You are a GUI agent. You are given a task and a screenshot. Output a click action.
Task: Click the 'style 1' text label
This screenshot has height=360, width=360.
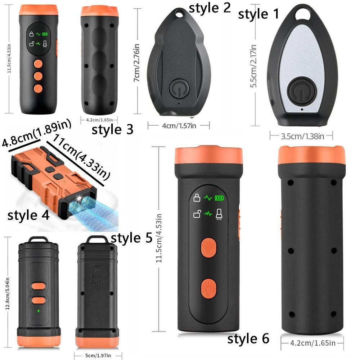coord(258,14)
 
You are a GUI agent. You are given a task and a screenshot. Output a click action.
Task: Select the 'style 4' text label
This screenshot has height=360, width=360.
coord(28,216)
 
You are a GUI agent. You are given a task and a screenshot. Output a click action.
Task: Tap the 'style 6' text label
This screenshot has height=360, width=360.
coord(248,339)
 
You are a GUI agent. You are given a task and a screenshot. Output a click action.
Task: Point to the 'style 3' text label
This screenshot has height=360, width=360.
coord(112,129)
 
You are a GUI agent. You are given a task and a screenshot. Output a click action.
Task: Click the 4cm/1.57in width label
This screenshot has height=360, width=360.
coord(179,125)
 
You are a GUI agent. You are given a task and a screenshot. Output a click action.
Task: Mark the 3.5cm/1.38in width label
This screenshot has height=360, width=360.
coord(301,136)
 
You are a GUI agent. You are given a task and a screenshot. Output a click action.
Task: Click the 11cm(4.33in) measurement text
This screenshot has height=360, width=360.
coord(81,156)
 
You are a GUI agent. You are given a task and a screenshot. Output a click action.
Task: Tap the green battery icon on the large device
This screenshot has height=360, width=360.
coord(219,198)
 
